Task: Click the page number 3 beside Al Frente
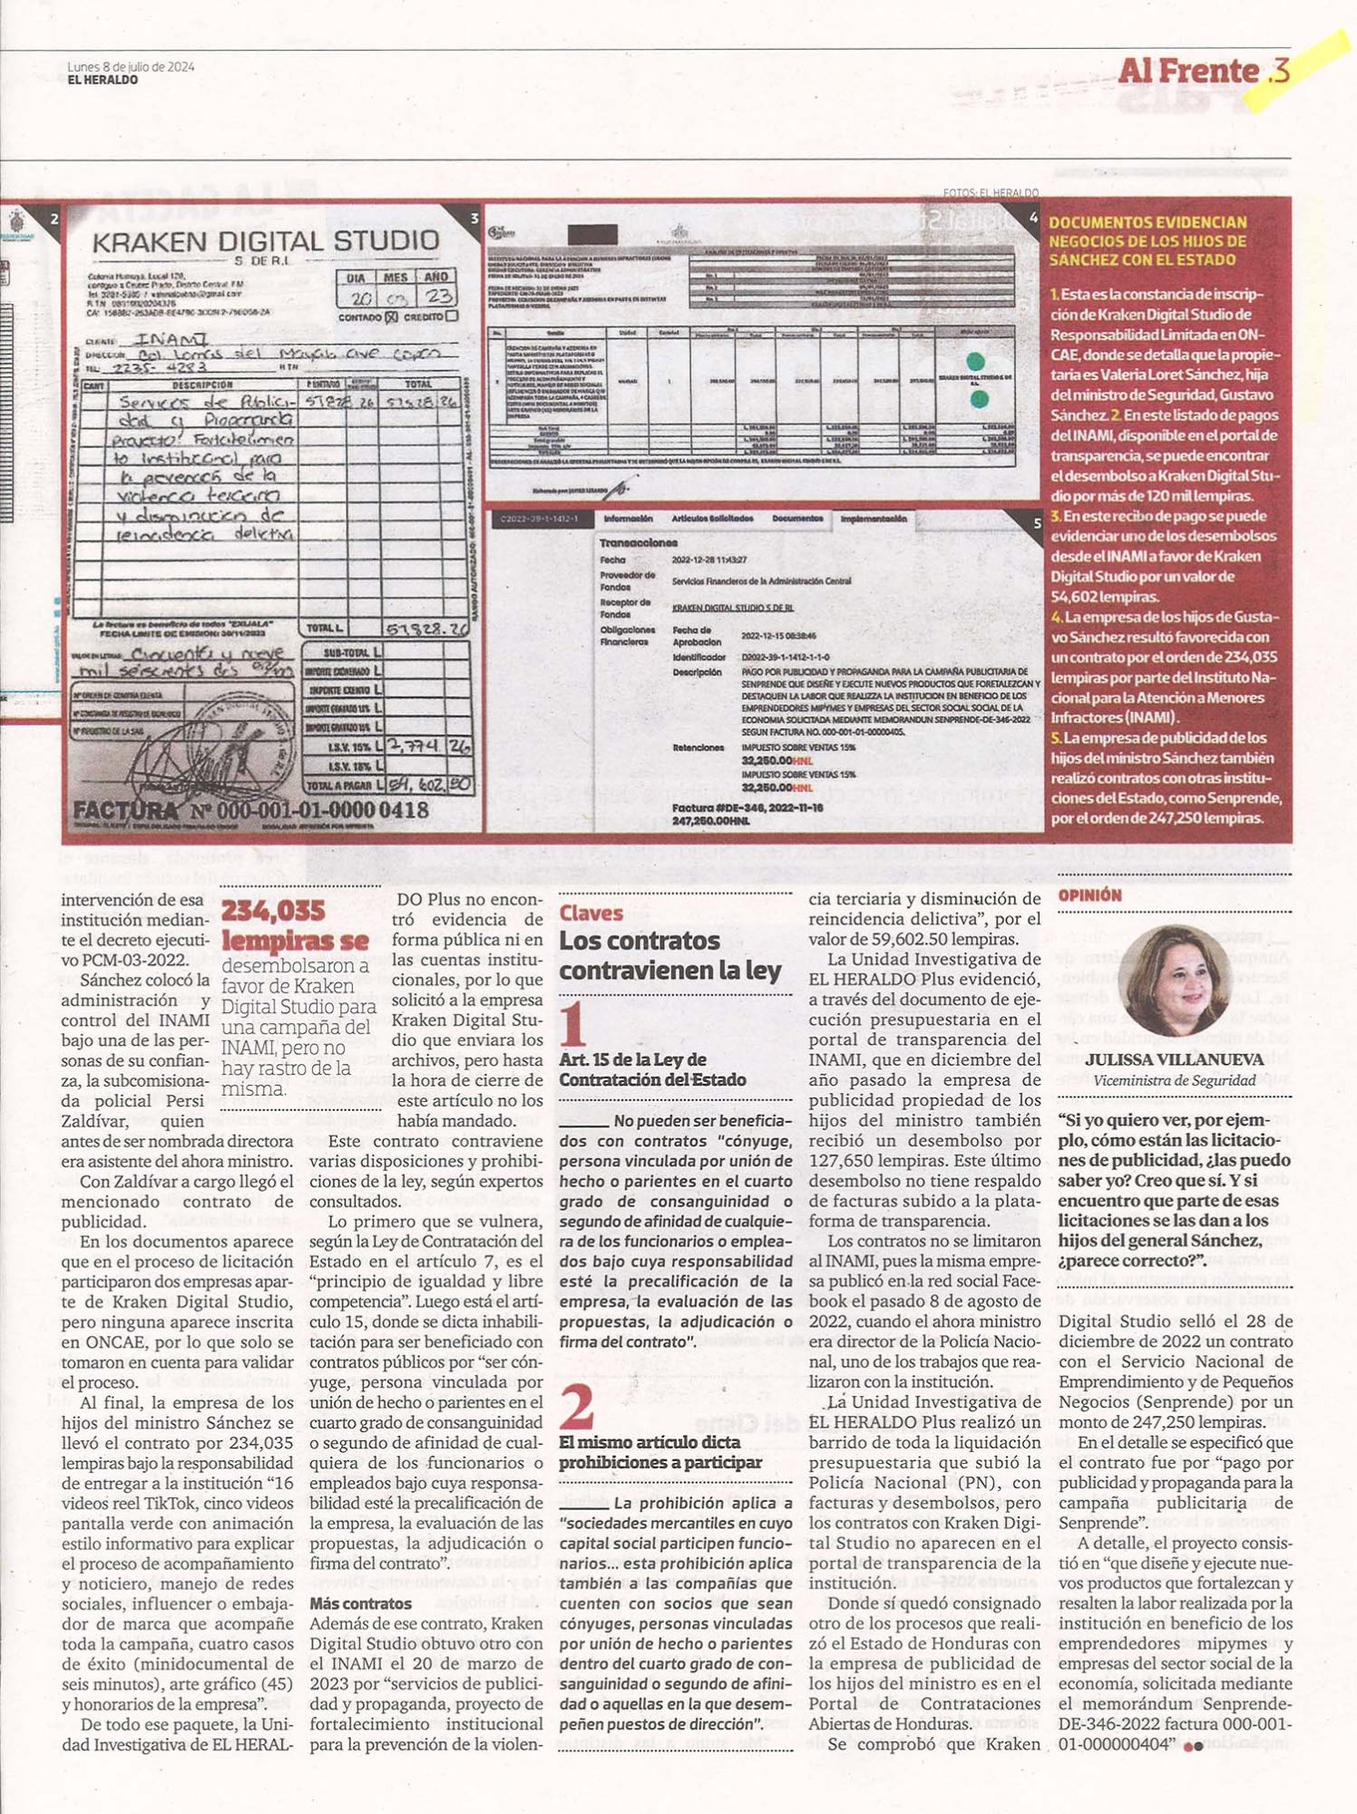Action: tap(1280, 70)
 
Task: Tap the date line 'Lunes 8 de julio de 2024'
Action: tap(131, 66)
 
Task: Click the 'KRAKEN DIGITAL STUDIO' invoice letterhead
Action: tap(266, 241)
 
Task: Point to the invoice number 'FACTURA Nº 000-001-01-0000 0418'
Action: tap(249, 809)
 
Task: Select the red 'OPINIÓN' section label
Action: tap(1089, 895)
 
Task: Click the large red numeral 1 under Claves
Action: tap(573, 1025)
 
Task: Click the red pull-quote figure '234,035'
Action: tap(273, 911)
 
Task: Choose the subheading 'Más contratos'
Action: tap(360, 1604)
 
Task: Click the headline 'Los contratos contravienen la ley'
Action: tap(669, 955)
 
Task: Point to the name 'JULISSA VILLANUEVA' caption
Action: tap(1174, 1059)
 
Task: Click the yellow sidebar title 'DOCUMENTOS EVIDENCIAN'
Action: tap(1147, 222)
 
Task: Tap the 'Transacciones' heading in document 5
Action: tap(638, 542)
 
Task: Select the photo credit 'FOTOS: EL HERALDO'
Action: tap(991, 193)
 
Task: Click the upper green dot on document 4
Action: tap(975, 362)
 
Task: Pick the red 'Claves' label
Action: tap(591, 913)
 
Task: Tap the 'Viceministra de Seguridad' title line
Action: tap(1174, 1080)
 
